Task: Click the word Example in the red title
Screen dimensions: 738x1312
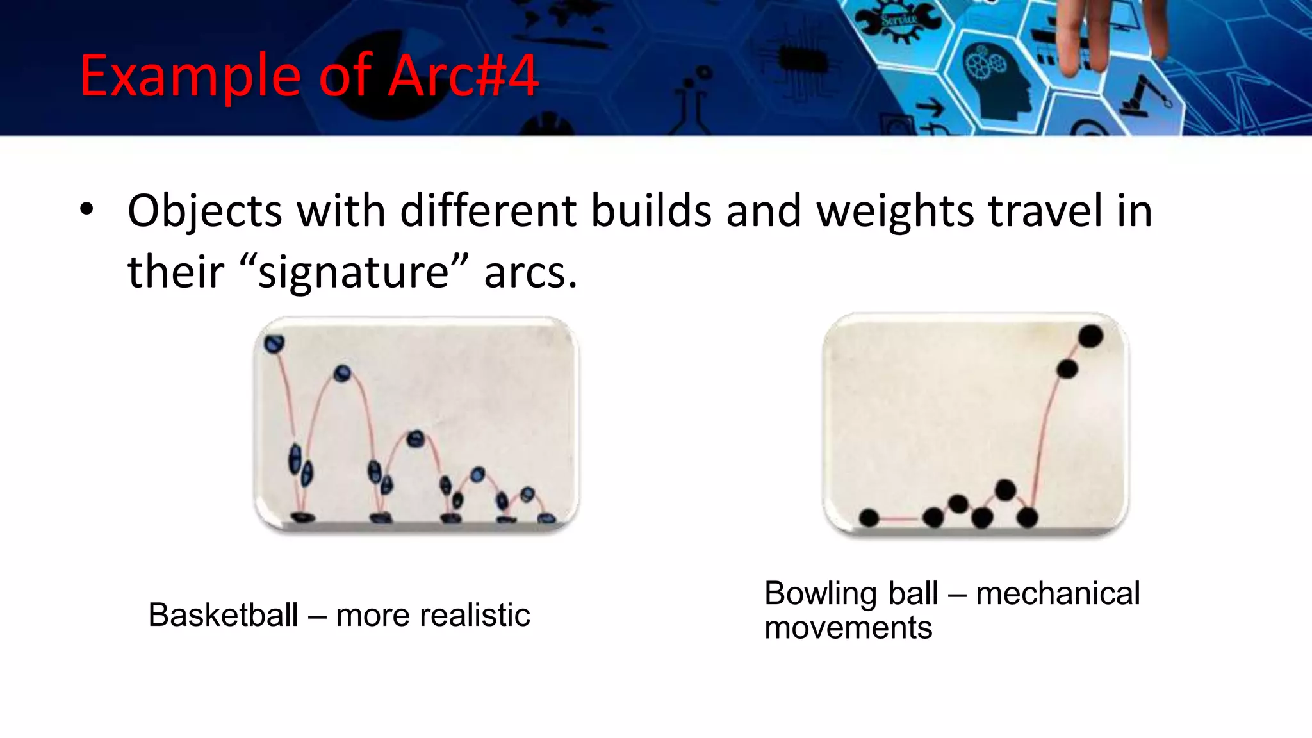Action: pos(190,77)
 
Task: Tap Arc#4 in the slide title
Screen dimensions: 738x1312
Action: pos(463,76)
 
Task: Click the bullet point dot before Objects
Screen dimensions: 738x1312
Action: pos(87,209)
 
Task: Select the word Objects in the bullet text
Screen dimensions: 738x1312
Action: pos(204,211)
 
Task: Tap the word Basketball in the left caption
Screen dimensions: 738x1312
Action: pos(223,615)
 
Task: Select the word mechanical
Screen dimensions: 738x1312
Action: pos(1058,593)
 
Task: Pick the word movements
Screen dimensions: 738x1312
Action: pos(848,628)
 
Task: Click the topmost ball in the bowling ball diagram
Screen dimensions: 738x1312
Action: pos(1090,336)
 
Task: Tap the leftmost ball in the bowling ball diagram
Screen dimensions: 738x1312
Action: pos(869,518)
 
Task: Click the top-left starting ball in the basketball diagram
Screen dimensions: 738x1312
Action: pos(274,344)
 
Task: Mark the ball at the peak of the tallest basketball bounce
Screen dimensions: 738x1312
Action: pos(342,373)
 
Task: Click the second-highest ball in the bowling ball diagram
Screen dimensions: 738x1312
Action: pos(1067,369)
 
